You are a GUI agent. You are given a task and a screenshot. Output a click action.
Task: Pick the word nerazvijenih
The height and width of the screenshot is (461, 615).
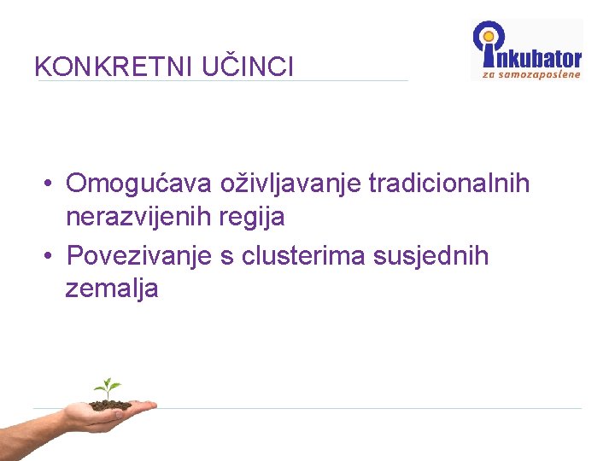coord(138,217)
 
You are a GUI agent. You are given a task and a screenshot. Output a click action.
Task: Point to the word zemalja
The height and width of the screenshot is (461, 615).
coord(112,289)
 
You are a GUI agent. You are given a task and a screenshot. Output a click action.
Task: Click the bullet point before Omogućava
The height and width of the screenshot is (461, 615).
coord(51,184)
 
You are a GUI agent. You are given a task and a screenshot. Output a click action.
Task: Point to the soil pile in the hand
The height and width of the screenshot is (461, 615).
coord(110,404)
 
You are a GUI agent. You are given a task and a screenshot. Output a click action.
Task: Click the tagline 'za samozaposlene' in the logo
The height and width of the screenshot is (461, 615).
coord(531,74)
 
